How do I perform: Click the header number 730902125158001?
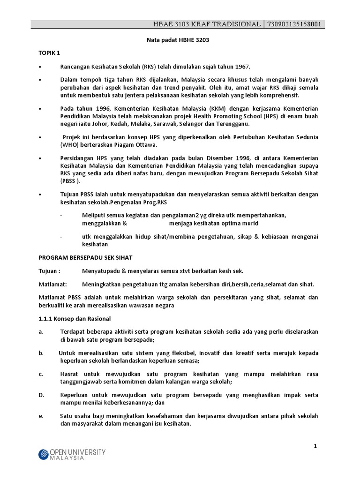293,24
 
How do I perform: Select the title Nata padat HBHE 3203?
175,40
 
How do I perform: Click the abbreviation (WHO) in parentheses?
68,145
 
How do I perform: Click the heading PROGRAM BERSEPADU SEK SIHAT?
85,257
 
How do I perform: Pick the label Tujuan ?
49,271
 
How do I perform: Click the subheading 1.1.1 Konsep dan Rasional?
74,319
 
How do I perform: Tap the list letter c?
41,374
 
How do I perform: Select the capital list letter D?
41,395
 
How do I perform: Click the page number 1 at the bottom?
315,446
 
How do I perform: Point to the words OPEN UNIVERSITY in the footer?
78,452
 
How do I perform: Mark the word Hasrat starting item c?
70,374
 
